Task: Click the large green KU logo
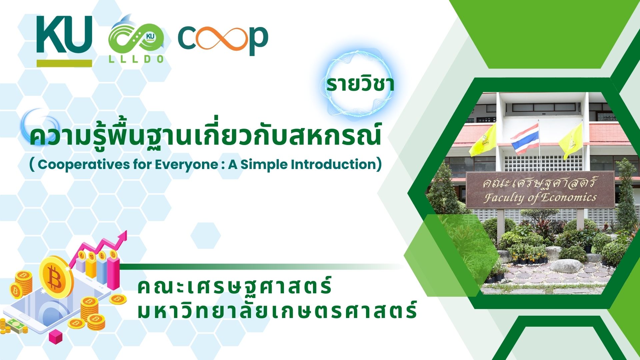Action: (x=64, y=35)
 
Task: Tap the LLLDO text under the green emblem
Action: (x=136, y=59)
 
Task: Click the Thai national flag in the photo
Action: (x=525, y=138)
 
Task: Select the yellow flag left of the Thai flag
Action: (x=483, y=140)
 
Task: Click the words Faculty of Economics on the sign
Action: (x=540, y=198)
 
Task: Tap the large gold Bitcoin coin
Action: (x=56, y=276)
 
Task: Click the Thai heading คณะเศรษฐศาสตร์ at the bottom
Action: (x=234, y=286)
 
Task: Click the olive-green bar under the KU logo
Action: (x=64, y=63)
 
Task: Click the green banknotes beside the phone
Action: (x=16, y=326)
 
